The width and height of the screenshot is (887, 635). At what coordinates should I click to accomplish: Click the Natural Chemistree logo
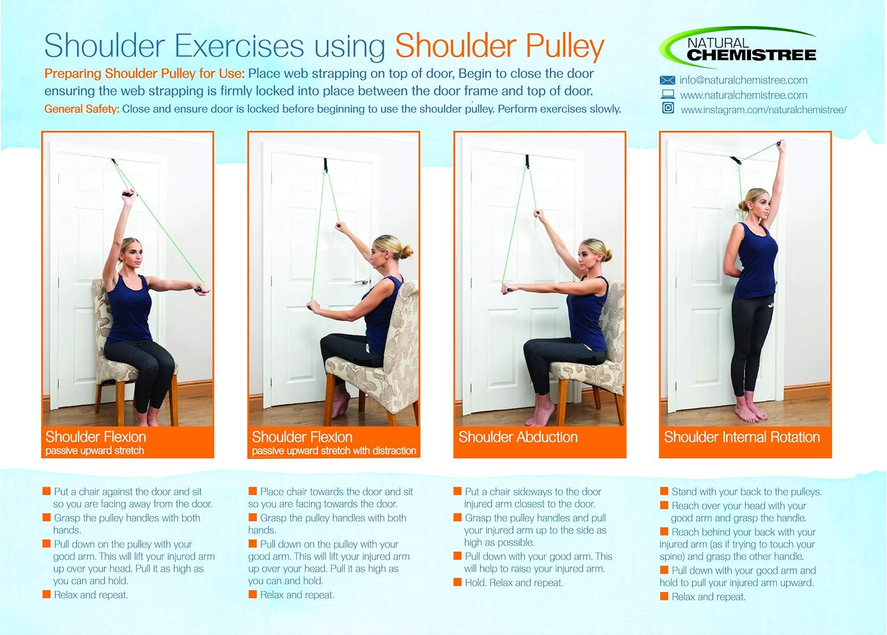coord(739,49)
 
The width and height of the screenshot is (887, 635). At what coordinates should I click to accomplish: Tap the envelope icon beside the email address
coord(667,80)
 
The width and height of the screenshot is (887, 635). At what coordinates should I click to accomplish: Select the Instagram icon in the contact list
coord(668,108)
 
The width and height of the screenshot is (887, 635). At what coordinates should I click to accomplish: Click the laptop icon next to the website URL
coord(668,95)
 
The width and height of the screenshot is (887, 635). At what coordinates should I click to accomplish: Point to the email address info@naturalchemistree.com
coord(743,80)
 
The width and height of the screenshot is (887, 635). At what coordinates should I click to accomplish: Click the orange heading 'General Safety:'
coord(82,109)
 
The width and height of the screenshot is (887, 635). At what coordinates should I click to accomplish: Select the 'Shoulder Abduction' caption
coord(517,437)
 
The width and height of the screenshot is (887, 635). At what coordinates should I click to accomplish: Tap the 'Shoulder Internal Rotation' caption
coord(742,437)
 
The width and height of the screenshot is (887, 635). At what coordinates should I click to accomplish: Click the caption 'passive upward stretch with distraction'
coord(334,451)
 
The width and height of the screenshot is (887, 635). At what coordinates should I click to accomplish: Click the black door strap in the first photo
coord(113,162)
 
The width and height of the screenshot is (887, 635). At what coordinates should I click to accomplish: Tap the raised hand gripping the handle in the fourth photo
coord(782,144)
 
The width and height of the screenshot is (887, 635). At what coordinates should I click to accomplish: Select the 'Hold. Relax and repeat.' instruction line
coord(513,583)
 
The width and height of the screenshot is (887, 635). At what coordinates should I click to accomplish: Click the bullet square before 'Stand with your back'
coord(664,491)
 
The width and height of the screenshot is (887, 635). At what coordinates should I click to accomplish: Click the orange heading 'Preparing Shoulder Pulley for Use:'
coord(144,74)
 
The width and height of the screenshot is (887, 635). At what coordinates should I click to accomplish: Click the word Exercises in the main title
coord(239,46)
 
